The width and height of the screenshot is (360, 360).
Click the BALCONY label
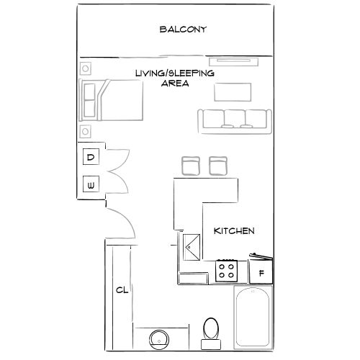pos(183,30)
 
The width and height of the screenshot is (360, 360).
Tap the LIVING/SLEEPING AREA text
pos(176,78)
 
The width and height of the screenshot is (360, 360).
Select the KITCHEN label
pos(235,231)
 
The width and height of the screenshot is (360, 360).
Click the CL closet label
pos(122,290)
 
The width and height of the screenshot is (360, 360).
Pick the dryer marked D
pos(91,157)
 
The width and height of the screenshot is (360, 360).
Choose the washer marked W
pos(91,185)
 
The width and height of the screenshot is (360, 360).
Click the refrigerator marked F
pos(261,273)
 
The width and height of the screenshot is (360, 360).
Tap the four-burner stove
pos(227,271)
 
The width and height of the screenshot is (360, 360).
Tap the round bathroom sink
pos(159,338)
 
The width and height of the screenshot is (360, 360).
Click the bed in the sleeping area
pos(115,100)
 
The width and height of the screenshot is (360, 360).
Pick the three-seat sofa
pos(234,119)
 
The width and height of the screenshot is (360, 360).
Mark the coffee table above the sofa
pos(233,91)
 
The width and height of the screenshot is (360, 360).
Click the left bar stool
pos(191,166)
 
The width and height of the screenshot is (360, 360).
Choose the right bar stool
pos(218,166)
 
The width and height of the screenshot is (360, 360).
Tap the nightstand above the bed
pos(86,69)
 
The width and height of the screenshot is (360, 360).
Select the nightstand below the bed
pos(86,132)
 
